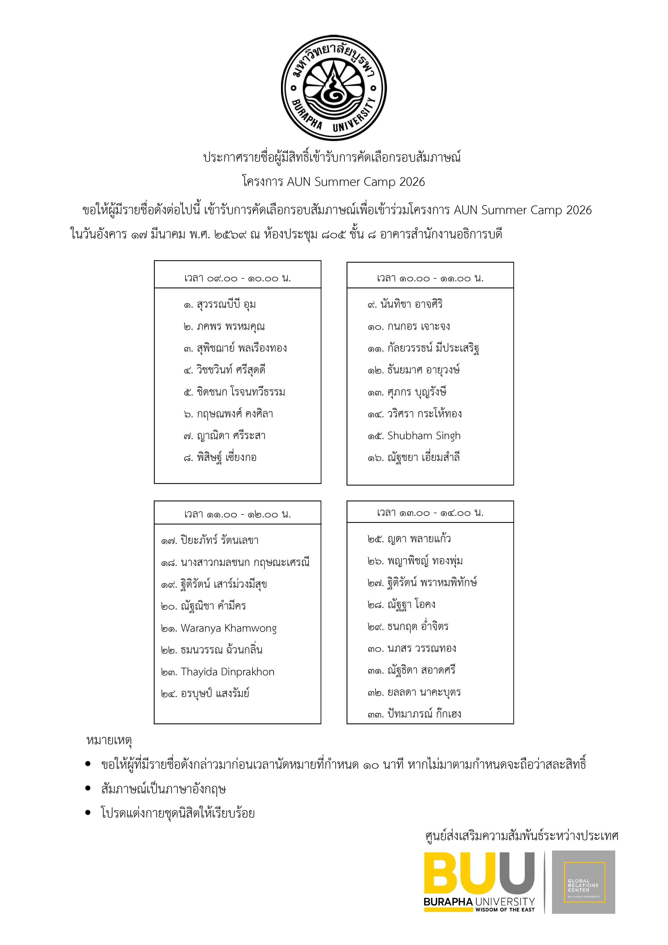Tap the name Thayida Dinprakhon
pos(227,672)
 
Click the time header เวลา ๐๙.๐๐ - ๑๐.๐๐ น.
pos(237,278)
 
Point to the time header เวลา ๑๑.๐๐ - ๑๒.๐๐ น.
pos(237,514)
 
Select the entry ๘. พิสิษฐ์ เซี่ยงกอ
pos(220,457)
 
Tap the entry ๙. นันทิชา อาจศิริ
pos(405,304)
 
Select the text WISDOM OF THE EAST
pos(505,910)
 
